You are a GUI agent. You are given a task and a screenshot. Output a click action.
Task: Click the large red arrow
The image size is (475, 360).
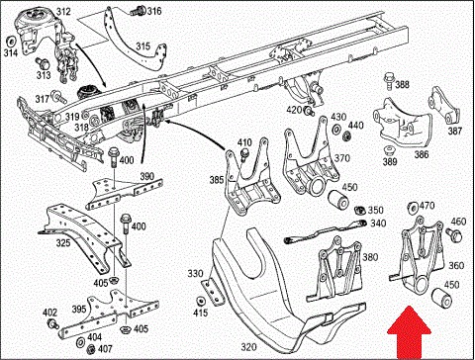409,333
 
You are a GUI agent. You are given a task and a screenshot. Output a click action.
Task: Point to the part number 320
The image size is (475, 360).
248,347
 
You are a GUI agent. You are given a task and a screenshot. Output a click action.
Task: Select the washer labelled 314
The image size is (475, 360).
12,42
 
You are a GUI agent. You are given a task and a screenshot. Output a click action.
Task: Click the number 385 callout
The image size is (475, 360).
217,180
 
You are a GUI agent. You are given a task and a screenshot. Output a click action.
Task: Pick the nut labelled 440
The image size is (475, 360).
346,135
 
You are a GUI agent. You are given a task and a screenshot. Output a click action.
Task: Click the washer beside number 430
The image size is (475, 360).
336,130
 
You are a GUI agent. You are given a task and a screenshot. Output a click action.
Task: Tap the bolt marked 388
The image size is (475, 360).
389,81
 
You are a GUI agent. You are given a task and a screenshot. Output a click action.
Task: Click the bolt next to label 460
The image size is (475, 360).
455,234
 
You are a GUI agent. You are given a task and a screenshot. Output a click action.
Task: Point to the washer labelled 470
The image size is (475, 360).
412,208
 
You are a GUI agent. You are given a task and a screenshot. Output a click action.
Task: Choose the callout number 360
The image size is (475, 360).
456,266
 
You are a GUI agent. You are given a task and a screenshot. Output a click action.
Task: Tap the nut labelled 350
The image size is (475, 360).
360,210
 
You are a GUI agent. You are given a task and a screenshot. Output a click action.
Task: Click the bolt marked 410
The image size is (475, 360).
244,154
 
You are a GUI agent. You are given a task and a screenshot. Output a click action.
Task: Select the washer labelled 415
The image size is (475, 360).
200,302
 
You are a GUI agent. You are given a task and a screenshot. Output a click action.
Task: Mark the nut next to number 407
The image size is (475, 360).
91,349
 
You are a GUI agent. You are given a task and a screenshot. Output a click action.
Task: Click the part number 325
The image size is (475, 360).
63,243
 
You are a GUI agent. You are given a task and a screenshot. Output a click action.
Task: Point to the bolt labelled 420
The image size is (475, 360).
309,111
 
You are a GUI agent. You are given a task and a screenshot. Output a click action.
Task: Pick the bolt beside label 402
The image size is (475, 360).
53,323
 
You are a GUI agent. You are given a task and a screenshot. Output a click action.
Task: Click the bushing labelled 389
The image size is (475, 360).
390,150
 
